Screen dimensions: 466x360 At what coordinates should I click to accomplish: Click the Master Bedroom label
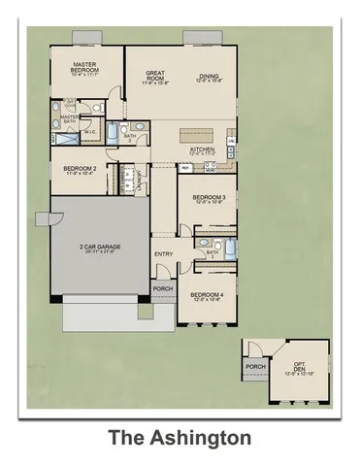(86, 70)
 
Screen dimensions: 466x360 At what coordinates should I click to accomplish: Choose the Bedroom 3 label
(210, 199)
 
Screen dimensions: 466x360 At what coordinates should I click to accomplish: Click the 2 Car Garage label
(100, 248)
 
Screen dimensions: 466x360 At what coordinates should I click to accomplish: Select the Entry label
(163, 254)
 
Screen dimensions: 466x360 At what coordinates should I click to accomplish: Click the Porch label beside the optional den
(255, 367)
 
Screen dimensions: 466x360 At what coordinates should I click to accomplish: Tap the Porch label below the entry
(162, 288)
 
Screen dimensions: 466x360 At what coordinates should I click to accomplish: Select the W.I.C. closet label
(89, 133)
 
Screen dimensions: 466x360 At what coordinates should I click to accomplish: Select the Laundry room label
(142, 178)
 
